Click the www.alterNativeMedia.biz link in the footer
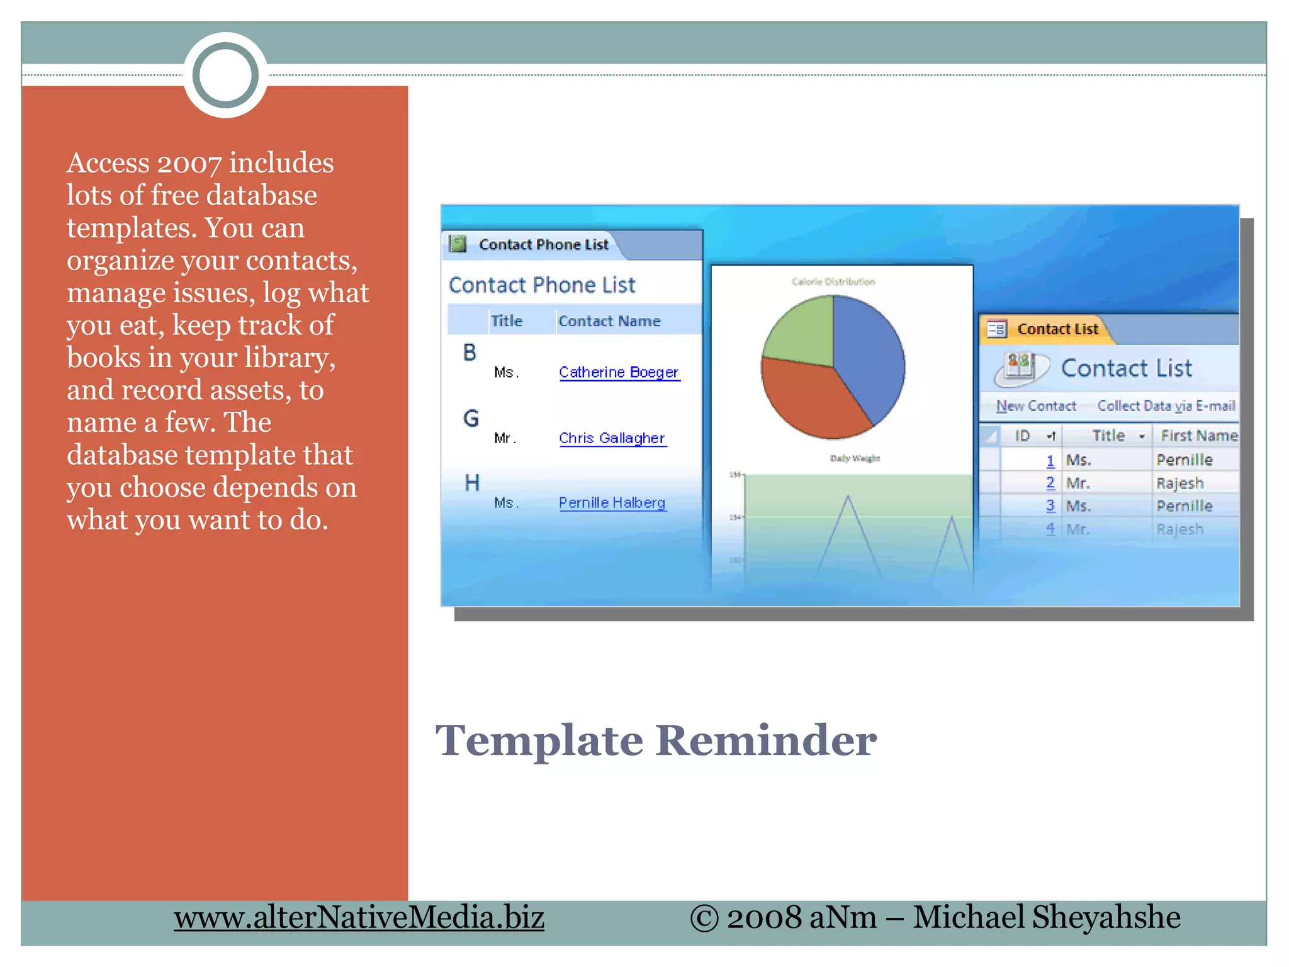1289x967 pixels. pos(359,918)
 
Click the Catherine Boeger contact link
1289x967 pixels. pos(619,372)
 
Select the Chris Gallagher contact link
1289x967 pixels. pos(612,438)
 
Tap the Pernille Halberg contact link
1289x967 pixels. pos(612,503)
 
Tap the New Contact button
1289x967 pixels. pos(1036,406)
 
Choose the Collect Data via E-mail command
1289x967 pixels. pos(1166,406)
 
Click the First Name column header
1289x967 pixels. pos(1198,436)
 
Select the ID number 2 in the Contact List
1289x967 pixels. pos(1050,483)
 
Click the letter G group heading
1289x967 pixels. pos(471,419)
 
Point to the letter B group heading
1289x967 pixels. pos(470,353)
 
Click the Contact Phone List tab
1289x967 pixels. pos(543,244)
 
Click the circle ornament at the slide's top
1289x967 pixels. pos(225,75)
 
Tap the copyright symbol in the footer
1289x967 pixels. pos(704,918)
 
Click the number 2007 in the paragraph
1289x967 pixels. pos(189,164)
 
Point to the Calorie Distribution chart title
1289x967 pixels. pos(833,281)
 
